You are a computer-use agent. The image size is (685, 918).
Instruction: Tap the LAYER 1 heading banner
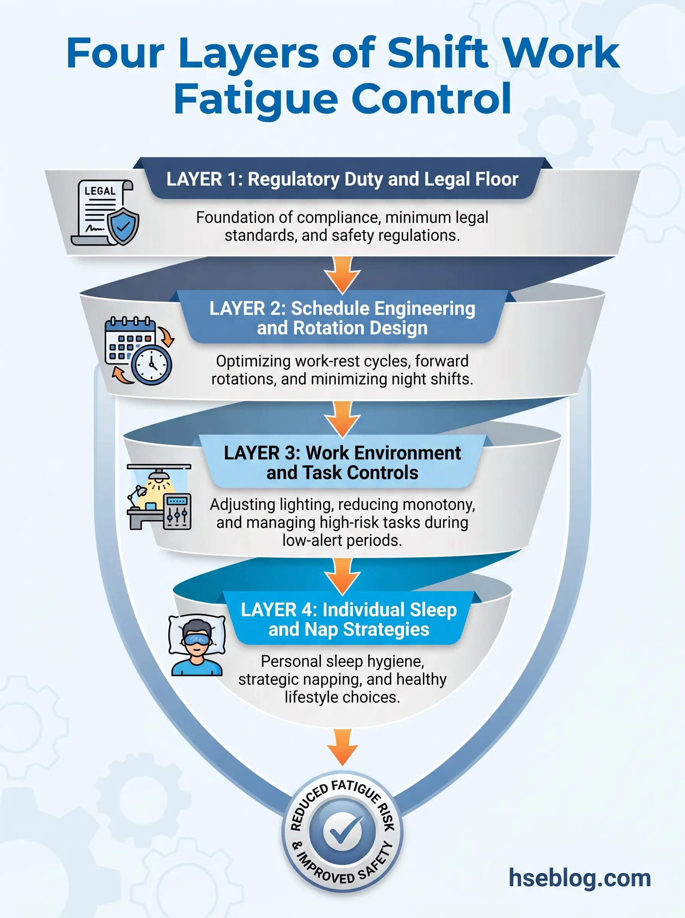point(342,179)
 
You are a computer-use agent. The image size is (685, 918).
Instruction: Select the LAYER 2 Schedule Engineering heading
point(342,318)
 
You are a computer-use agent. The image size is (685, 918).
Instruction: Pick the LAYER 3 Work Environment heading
point(342,462)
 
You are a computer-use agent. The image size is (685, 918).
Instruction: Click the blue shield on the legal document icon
point(123,226)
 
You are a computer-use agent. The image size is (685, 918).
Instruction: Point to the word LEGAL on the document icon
point(100,191)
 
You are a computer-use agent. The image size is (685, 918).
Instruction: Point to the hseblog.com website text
point(579,878)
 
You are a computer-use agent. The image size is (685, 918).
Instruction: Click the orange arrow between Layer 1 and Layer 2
point(342,274)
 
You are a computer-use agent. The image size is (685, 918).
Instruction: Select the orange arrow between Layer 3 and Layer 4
point(342,575)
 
